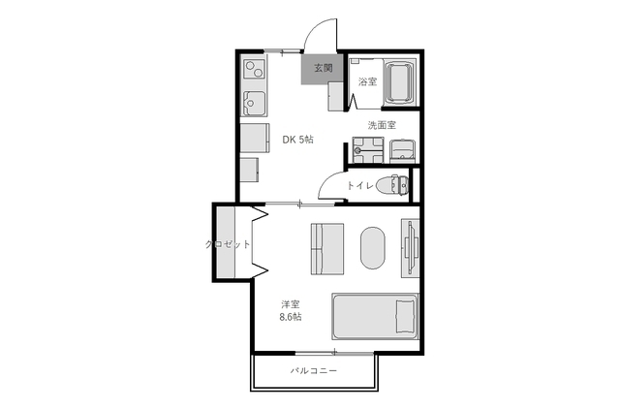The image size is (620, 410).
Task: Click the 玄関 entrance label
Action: tap(323, 68)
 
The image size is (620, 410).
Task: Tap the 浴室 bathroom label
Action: tap(367, 82)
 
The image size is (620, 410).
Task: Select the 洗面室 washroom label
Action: tap(382, 125)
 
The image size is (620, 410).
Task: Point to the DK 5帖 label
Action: tap(297, 140)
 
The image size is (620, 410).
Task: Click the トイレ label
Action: tap(360, 185)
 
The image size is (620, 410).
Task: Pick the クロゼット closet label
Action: tap(228, 244)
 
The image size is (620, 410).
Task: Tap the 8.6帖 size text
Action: tap(291, 317)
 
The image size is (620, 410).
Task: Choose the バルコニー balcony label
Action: tap(314, 371)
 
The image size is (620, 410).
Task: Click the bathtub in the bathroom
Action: tap(399, 82)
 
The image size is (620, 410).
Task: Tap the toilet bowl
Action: tap(392, 185)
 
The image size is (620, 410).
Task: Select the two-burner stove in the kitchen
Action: tap(254, 69)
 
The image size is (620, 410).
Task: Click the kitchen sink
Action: tap(254, 103)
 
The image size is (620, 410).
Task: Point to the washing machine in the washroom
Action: tap(368, 150)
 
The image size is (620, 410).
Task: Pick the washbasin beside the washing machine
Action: tap(403, 151)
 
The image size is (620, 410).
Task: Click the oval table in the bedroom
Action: tap(372, 248)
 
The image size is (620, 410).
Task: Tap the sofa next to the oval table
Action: tap(327, 249)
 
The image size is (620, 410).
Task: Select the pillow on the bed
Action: tap(406, 316)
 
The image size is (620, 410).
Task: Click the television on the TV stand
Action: tap(410, 247)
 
